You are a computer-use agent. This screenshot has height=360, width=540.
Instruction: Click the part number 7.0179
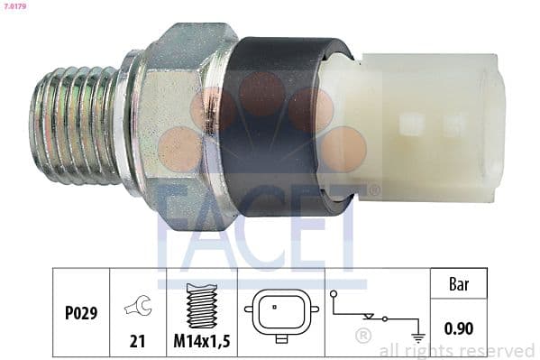pos(14,7)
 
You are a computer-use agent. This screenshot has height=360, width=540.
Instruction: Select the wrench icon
pos(138,307)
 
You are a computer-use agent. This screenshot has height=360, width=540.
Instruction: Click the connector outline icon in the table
pos(280,315)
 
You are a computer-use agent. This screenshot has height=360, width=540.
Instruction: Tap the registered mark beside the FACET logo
pos(373,190)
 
